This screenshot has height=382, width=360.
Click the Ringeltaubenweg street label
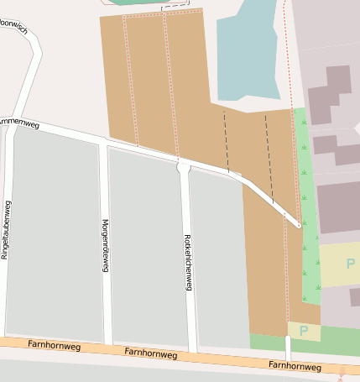[7, 229]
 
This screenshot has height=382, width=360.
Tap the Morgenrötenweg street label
[105, 244]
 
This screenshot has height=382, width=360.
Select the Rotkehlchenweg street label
[188, 262]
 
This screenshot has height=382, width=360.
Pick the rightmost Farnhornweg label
[295, 366]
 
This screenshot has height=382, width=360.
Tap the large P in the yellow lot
[350, 264]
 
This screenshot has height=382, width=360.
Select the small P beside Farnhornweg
[304, 331]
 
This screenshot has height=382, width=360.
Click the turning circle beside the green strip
[298, 224]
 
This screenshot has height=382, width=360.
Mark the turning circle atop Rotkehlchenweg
[183, 167]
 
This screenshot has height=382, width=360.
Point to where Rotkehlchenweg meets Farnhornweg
[192, 349]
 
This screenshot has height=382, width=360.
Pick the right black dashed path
[269, 155]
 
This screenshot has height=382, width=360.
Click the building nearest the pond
[330, 92]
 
